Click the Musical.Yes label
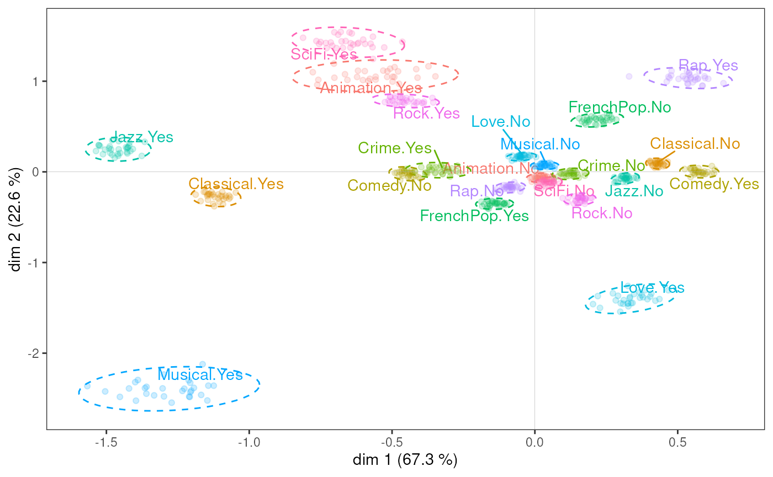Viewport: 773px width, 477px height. point(200,375)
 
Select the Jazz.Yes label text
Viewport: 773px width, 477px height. point(142,137)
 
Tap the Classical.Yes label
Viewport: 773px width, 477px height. point(236,184)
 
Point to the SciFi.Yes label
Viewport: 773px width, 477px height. point(324,54)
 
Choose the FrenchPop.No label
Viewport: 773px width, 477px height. point(620,107)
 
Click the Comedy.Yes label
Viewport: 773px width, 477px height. point(714,184)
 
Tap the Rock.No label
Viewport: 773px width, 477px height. point(602,213)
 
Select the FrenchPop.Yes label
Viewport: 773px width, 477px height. point(474,216)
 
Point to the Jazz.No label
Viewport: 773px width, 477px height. point(634,191)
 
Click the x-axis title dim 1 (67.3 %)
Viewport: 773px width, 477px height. point(405,459)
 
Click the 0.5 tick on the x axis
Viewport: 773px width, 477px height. point(677,443)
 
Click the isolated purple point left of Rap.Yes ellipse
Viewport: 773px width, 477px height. point(629,76)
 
